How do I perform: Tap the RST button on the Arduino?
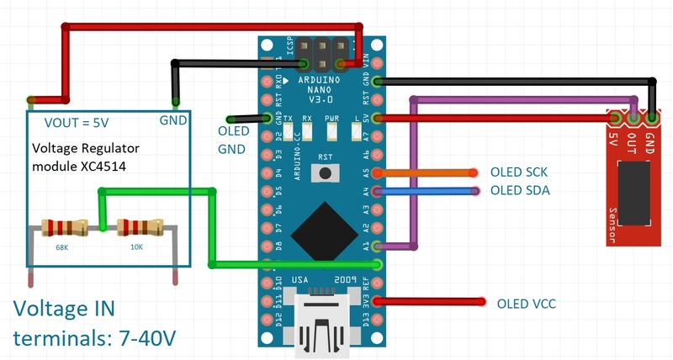(x=324, y=172)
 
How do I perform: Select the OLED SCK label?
(x=519, y=172)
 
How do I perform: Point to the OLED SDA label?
(x=520, y=191)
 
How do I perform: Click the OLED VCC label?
(x=527, y=303)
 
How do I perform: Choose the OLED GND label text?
(x=231, y=141)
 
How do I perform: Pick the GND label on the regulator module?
(x=173, y=121)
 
